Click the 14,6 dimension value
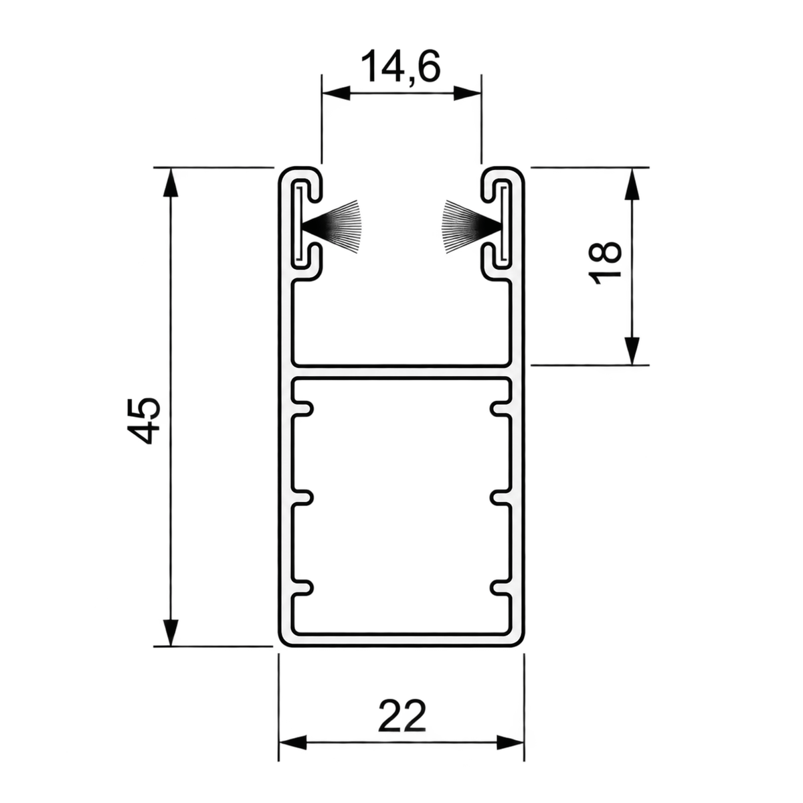(x=400, y=67)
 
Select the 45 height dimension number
(x=143, y=420)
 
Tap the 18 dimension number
(x=604, y=262)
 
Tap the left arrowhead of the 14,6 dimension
(x=336, y=93)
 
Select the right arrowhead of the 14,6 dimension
(x=467, y=93)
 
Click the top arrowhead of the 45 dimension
(x=171, y=182)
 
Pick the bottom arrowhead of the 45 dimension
(x=171, y=632)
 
